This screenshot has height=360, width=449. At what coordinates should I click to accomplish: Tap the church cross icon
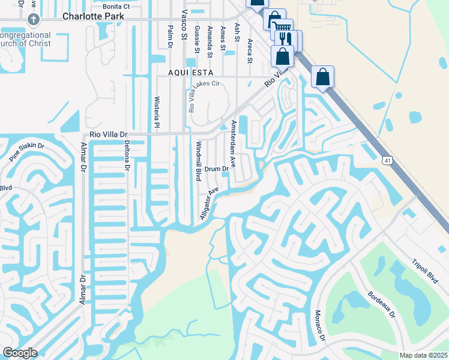(x=34, y=19)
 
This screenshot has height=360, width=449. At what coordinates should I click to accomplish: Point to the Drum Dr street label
(x=217, y=169)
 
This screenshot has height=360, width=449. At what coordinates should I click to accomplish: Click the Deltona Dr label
(x=127, y=155)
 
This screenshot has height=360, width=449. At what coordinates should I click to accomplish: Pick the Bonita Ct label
(x=116, y=7)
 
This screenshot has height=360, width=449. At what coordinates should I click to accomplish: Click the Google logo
(x=20, y=353)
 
